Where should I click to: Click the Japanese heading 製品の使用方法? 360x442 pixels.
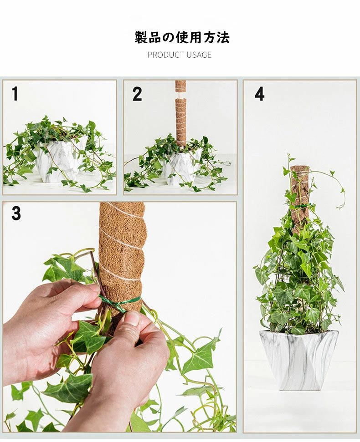182,37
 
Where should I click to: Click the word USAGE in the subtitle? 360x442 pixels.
199,55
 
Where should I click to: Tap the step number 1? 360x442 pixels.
15,94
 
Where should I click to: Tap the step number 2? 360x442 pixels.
137,94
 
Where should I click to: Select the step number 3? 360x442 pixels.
16,213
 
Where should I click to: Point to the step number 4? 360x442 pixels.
260,94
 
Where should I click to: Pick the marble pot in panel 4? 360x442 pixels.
298,360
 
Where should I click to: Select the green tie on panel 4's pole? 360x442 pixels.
300,207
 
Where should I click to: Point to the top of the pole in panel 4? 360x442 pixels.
300,168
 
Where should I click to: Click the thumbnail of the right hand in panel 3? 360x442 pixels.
133,320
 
